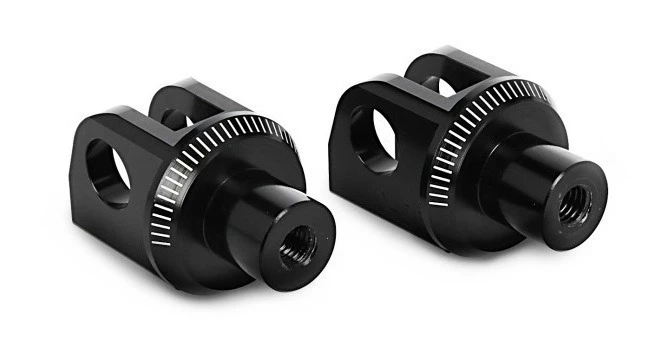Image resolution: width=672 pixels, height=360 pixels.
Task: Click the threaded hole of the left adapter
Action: click(297, 244)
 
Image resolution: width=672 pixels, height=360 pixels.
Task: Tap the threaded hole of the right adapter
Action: click(575, 206)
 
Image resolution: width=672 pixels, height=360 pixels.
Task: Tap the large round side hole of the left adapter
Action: click(105, 170)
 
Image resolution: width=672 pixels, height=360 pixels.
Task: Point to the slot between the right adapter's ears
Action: click(440, 80)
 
